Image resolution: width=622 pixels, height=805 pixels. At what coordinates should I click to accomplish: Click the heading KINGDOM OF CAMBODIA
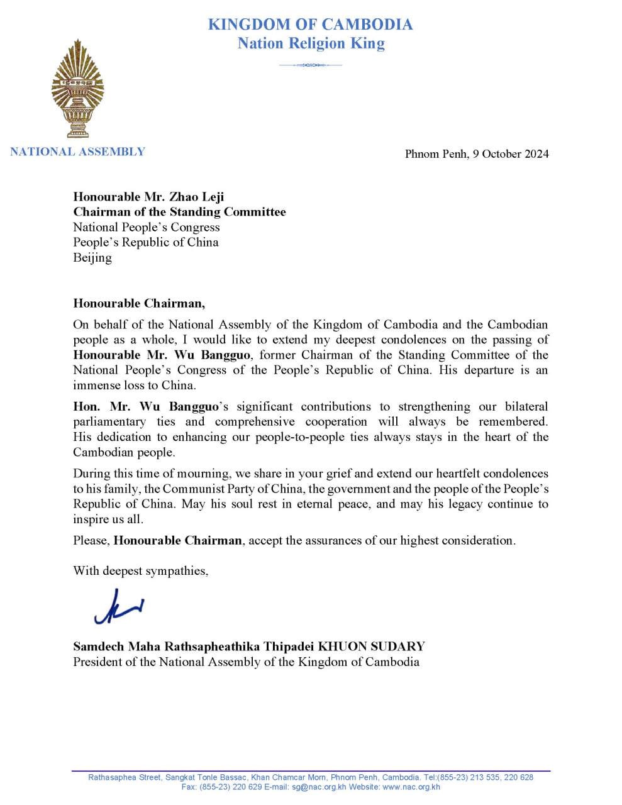310,25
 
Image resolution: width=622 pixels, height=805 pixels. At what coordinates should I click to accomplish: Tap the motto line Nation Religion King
311,43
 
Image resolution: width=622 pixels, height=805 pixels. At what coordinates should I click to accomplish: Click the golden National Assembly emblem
78,89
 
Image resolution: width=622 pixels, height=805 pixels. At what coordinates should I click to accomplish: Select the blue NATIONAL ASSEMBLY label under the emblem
77,152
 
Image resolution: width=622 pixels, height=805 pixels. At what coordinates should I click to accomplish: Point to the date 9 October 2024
511,154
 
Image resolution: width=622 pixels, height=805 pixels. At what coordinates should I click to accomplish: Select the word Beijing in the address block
92,257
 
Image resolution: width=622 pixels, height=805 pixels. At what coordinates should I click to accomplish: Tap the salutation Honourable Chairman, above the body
139,303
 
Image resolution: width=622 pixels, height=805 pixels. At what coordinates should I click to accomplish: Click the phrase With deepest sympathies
140,571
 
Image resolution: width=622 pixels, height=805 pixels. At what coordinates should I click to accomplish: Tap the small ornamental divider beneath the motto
310,65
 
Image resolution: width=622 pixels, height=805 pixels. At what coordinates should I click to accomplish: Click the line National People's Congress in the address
147,227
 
